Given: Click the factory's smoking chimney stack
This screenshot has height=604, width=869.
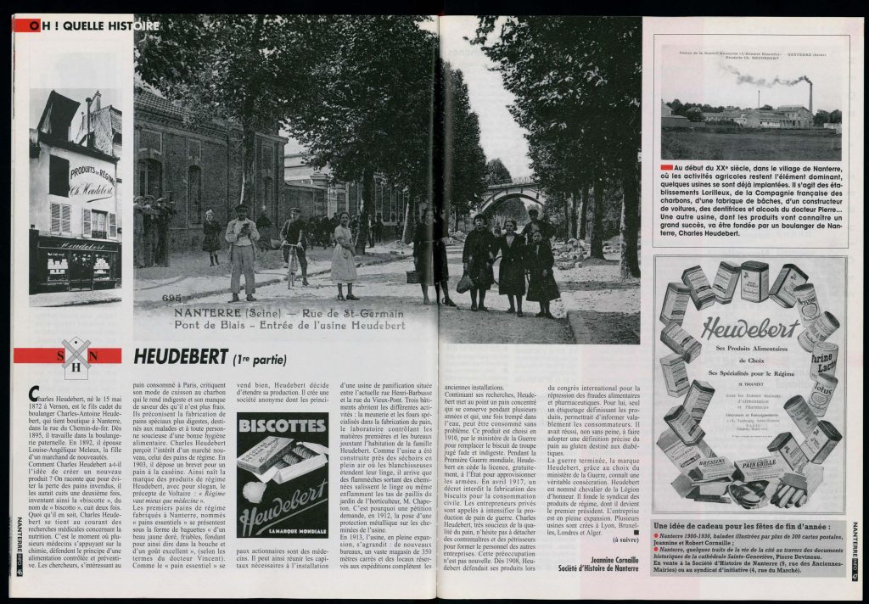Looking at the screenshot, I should [x=810, y=98].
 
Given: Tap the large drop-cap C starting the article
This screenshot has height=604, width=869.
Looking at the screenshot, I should [x=33, y=392].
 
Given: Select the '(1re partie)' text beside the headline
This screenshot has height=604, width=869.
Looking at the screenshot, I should [x=261, y=360].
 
